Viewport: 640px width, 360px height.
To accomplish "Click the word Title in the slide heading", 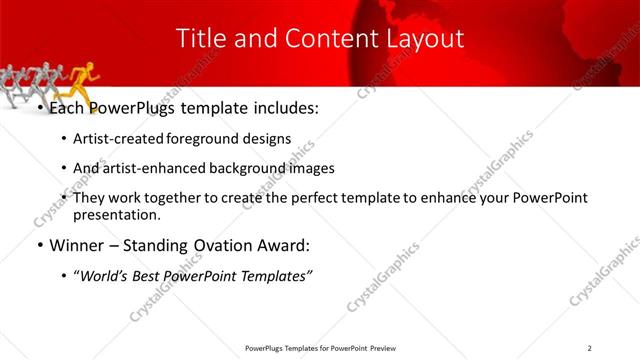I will click(x=199, y=38).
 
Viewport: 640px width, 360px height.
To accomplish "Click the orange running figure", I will click(x=87, y=79).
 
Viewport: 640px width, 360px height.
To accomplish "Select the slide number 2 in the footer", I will click(x=589, y=348).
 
